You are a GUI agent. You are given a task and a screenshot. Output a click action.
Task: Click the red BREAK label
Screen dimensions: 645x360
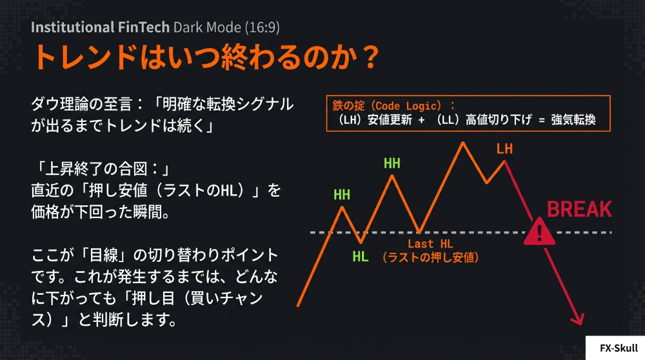coord(579,210)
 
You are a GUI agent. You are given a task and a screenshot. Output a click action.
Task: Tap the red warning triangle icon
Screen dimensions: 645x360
coord(539,232)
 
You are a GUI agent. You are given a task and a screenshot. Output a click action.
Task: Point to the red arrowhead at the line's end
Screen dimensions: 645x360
coord(579,319)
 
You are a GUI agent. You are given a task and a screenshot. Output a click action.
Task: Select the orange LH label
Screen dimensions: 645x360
coord(504,148)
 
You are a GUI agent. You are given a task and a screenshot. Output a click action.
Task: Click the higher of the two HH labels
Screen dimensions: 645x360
coord(392,163)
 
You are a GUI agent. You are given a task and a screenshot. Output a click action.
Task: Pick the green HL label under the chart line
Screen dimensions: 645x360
coord(361,257)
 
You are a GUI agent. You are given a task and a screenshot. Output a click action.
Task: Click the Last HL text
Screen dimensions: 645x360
coord(430,244)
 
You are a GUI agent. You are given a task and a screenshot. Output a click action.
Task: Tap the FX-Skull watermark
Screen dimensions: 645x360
coord(619,348)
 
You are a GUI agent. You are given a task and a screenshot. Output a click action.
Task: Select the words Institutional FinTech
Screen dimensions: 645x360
coord(100,27)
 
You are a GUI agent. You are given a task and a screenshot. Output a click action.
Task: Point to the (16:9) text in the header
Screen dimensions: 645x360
coord(263,28)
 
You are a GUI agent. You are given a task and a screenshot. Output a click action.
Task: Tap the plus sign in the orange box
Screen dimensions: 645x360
coord(421,120)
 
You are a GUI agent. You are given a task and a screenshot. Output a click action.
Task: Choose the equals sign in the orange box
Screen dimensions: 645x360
coord(542,120)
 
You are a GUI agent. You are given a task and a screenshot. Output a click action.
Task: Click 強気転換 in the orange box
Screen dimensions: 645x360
coord(573,120)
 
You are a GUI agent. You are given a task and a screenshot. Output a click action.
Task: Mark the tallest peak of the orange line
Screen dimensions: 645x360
coord(462,143)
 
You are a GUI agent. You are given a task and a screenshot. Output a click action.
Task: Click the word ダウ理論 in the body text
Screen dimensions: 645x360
coord(59,104)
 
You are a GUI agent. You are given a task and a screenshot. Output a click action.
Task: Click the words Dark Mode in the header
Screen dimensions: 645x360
coord(207,27)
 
